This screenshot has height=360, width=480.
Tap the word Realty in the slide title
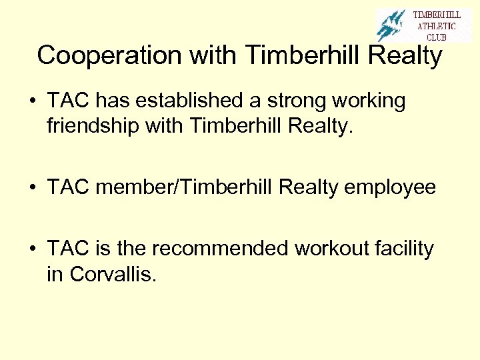tap(405, 56)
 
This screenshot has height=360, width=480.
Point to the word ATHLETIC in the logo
tap(437, 26)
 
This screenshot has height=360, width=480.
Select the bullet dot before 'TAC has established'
tap(32, 101)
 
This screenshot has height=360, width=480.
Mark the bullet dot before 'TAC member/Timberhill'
tap(32, 188)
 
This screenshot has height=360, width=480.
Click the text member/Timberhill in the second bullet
tap(184, 187)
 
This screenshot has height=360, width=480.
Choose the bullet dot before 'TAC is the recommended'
tap(32, 250)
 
